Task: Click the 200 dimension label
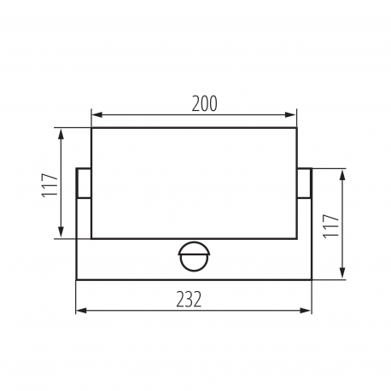[x=204, y=104]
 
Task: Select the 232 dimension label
[x=189, y=300]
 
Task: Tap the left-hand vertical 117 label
[x=50, y=185]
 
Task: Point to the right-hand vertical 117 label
[x=330, y=225]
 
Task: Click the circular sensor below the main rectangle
[x=194, y=257]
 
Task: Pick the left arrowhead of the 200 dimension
[x=97, y=115]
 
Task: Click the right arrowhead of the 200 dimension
[x=290, y=115]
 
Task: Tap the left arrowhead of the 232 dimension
[x=82, y=311]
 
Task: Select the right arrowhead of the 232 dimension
[x=306, y=311]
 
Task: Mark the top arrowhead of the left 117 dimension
[x=61, y=134]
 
